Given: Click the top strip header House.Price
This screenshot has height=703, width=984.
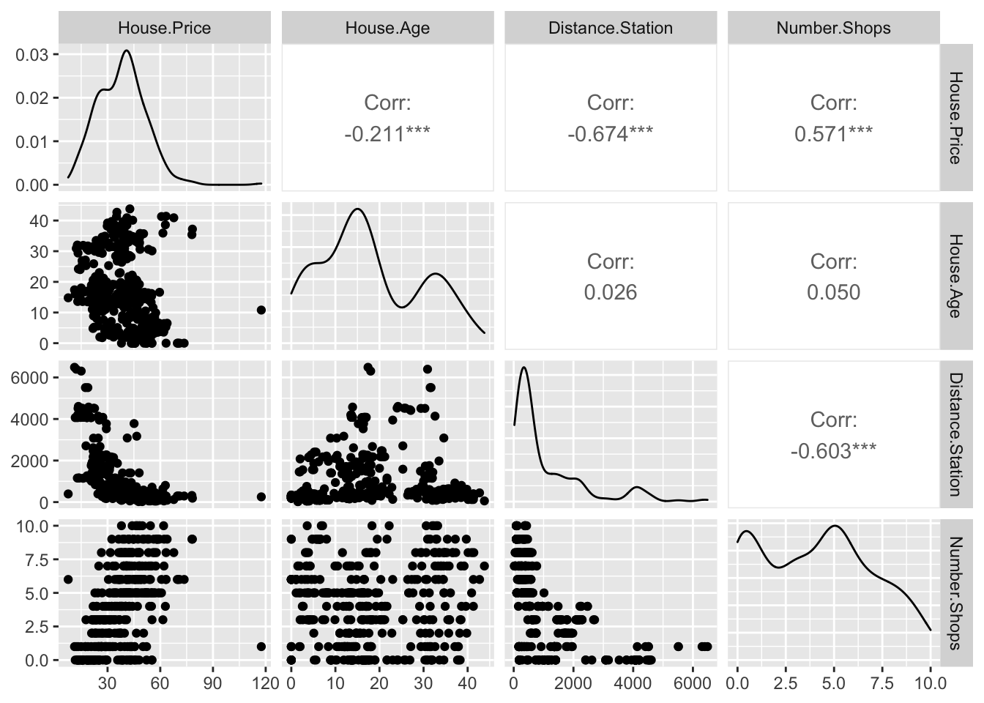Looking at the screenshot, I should pyautogui.click(x=164, y=29).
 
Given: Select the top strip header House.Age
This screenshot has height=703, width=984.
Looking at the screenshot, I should pyautogui.click(x=387, y=29).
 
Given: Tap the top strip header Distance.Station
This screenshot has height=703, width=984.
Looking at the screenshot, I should pyautogui.click(x=611, y=29).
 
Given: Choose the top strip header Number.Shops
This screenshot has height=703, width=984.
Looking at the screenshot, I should pyautogui.click(x=833, y=29).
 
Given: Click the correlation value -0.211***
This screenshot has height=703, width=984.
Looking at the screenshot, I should pyautogui.click(x=387, y=134).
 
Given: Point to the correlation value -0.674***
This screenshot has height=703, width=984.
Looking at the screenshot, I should pyautogui.click(x=611, y=134).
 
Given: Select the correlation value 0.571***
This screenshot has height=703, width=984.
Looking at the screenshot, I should pyautogui.click(x=833, y=134).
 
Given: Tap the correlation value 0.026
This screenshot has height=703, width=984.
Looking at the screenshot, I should pyautogui.click(x=611, y=292).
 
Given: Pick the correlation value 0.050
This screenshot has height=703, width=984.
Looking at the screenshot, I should pyautogui.click(x=833, y=292).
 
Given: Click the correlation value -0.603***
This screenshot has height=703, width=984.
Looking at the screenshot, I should pyautogui.click(x=833, y=450).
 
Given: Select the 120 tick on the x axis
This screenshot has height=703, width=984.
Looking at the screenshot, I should pyautogui.click(x=266, y=683).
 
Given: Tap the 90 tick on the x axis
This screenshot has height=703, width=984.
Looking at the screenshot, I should pyautogui.click(x=213, y=683).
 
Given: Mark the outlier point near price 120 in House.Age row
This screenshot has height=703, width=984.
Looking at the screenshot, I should pyautogui.click(x=261, y=310).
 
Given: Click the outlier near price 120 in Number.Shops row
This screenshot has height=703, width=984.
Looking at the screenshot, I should pyautogui.click(x=261, y=647).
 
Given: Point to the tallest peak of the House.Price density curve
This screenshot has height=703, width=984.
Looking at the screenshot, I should pyautogui.click(x=127, y=51).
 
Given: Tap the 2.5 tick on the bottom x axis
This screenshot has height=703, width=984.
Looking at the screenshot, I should pyautogui.click(x=786, y=683).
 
